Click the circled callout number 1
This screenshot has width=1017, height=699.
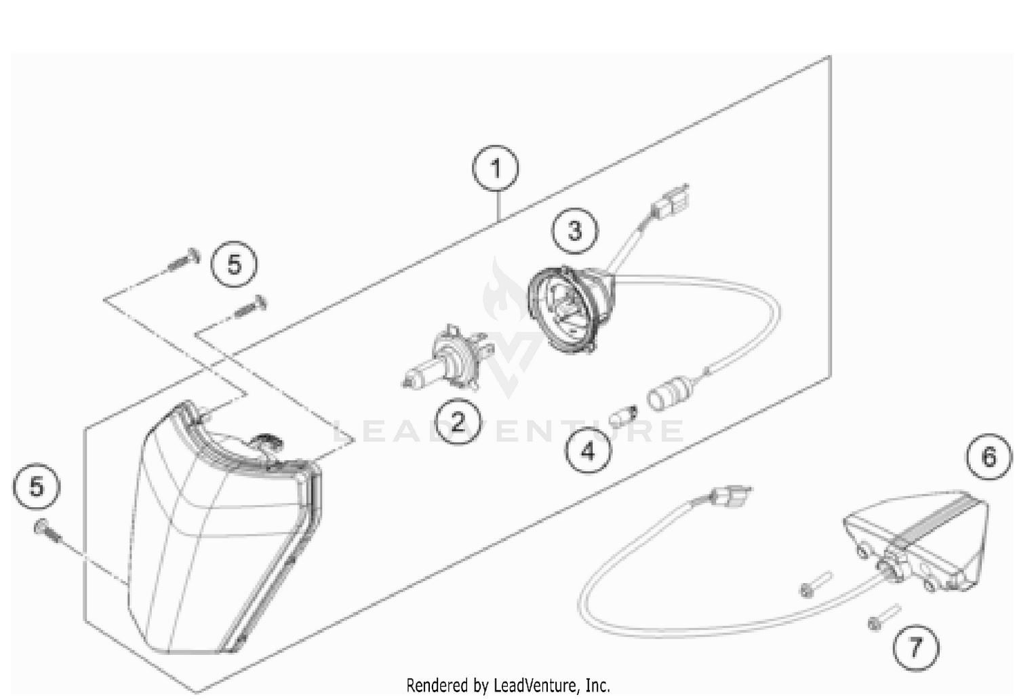point(496,168)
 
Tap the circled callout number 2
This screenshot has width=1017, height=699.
point(457,422)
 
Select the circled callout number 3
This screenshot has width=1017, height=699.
point(574,231)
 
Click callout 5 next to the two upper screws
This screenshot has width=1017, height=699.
point(234,264)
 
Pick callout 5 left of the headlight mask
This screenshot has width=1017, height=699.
point(37,487)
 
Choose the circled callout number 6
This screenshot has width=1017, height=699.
point(989,456)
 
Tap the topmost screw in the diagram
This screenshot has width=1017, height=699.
point(182,260)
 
